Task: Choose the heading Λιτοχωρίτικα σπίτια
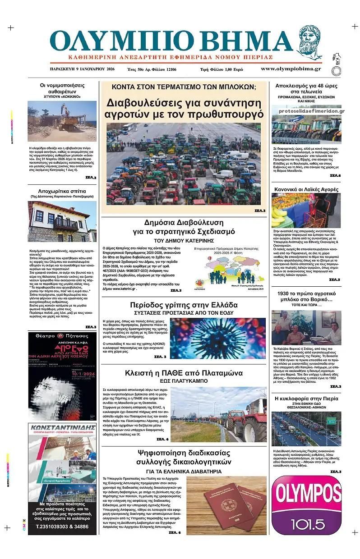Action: pyautogui.click(x=62, y=191)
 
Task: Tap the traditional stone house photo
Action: pyautogui.click(x=62, y=222)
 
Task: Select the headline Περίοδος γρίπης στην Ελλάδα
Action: pyautogui.click(x=184, y=304)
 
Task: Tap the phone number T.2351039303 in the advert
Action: pyautogui.click(x=62, y=527)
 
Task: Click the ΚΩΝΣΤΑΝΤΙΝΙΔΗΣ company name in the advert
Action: pyautogui.click(x=62, y=427)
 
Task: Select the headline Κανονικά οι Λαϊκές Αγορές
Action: pyautogui.click(x=307, y=189)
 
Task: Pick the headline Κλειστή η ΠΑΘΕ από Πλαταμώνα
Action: pyautogui.click(x=184, y=373)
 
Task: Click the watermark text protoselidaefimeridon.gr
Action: pyautogui.click(x=311, y=111)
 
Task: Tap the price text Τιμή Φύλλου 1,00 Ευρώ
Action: pyautogui.click(x=222, y=69)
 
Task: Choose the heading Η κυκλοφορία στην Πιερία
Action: pyautogui.click(x=307, y=399)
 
